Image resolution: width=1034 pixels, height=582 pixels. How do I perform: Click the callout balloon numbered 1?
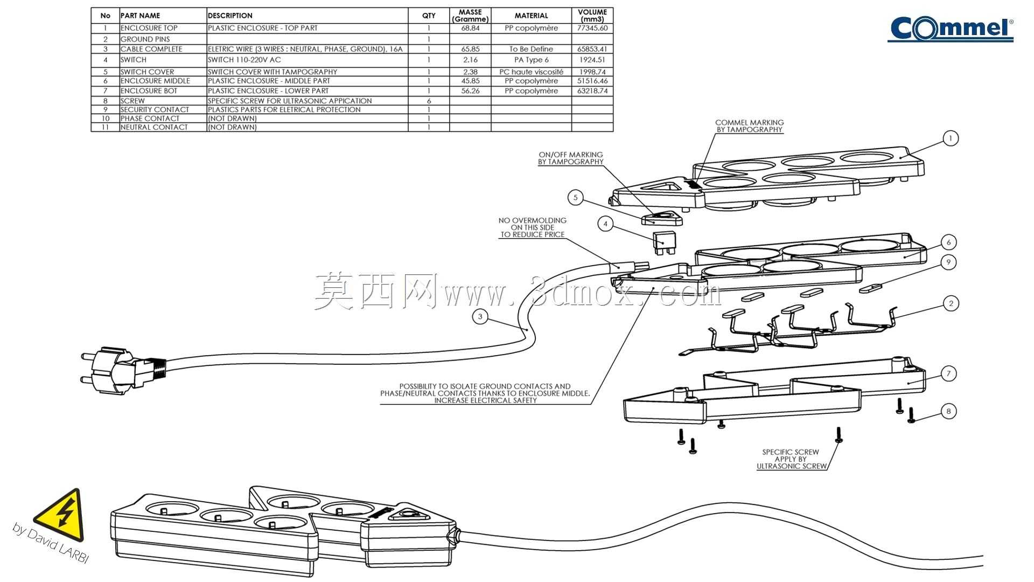coord(951,138)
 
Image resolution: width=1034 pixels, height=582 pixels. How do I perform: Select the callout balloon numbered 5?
coord(575,198)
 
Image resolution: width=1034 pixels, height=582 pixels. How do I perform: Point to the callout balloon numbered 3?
coord(480,317)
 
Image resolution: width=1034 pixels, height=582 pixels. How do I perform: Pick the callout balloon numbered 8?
coord(948,412)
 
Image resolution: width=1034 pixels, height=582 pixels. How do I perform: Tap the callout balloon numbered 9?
coord(948,262)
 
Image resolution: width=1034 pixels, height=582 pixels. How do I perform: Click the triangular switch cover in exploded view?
coord(662,218)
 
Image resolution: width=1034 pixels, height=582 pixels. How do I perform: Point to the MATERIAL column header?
coord(531,16)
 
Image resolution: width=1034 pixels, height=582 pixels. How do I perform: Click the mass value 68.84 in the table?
coord(470,28)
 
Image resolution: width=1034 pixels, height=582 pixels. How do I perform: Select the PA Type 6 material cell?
coord(531,60)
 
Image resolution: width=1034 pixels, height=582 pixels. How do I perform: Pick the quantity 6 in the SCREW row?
coord(429,101)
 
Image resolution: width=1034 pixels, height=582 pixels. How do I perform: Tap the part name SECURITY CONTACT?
coord(155,109)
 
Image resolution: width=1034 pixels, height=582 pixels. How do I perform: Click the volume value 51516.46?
coord(592,81)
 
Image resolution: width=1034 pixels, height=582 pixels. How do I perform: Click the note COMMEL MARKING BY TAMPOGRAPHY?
coord(749,126)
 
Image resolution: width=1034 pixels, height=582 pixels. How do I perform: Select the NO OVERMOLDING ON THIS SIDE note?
coord(532,227)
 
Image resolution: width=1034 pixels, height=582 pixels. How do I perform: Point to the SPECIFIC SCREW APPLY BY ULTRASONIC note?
coord(791,459)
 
